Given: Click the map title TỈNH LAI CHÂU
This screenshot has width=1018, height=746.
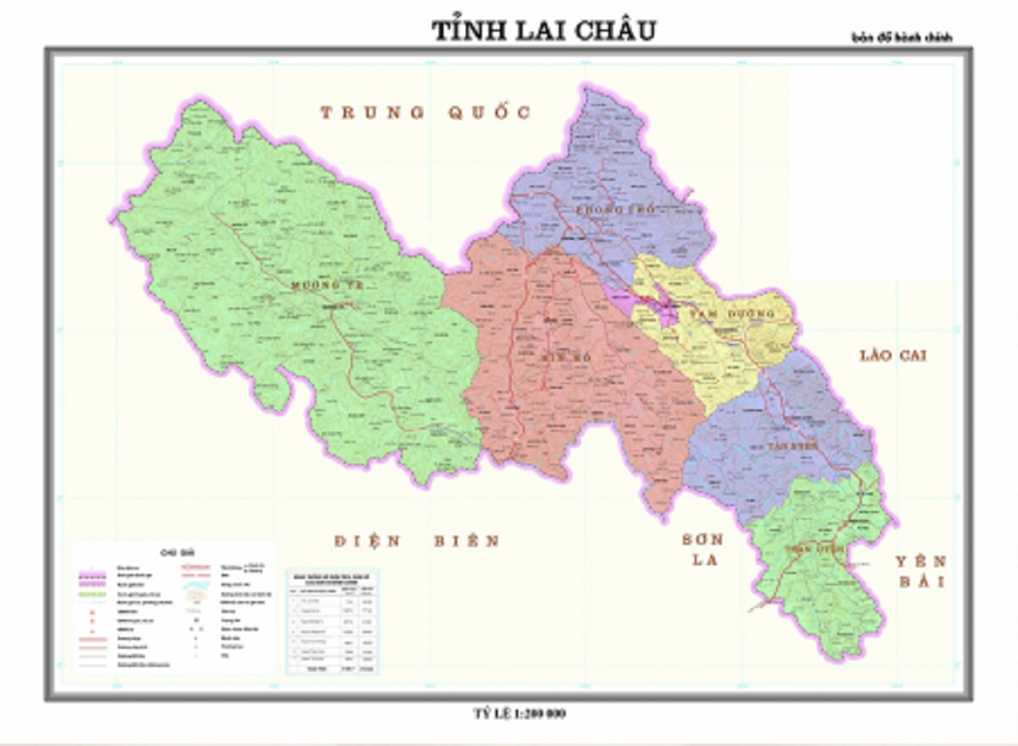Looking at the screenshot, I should (543, 30).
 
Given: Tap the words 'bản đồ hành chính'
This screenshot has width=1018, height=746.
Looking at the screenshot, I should (903, 38).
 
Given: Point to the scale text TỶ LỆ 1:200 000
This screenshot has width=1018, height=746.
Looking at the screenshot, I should (519, 714).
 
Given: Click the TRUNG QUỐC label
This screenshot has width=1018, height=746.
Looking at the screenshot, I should (425, 113).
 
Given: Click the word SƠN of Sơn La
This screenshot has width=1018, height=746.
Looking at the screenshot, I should (702, 540).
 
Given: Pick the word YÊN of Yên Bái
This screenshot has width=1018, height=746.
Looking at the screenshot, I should (921, 561).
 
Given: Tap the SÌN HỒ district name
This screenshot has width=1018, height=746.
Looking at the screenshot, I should (566, 358).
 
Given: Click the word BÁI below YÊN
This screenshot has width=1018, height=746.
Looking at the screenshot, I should (921, 582).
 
